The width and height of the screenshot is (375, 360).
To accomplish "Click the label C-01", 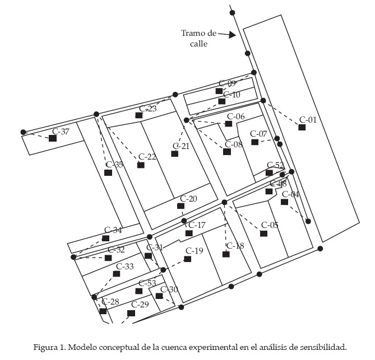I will click(x=308, y=119).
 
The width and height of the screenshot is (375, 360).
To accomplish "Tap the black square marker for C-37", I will click(x=53, y=138).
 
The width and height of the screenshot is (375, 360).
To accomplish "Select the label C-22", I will click(x=147, y=156).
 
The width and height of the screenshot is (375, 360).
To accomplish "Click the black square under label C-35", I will click(x=108, y=172).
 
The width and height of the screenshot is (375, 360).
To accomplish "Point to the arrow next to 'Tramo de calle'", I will click(x=226, y=35).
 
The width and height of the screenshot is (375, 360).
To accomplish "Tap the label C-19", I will click(x=194, y=250).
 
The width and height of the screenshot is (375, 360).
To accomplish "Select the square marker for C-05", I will click(x=263, y=233).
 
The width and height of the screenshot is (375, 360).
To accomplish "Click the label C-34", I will click(x=113, y=230).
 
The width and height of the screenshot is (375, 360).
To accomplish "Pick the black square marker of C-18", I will click(x=226, y=254).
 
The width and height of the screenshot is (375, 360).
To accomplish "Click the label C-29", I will click(x=140, y=304).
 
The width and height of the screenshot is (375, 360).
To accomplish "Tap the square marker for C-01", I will click(x=302, y=128).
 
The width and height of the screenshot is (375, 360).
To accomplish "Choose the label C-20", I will click(x=188, y=199).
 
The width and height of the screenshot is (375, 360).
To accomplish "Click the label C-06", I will click(x=235, y=116).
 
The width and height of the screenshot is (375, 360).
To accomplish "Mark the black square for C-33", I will click(x=117, y=274).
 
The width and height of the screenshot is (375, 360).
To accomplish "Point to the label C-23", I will click(x=148, y=108).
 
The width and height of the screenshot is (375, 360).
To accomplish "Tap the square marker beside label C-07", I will click(x=255, y=142).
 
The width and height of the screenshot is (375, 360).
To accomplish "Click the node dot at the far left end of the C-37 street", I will click(x=24, y=132).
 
